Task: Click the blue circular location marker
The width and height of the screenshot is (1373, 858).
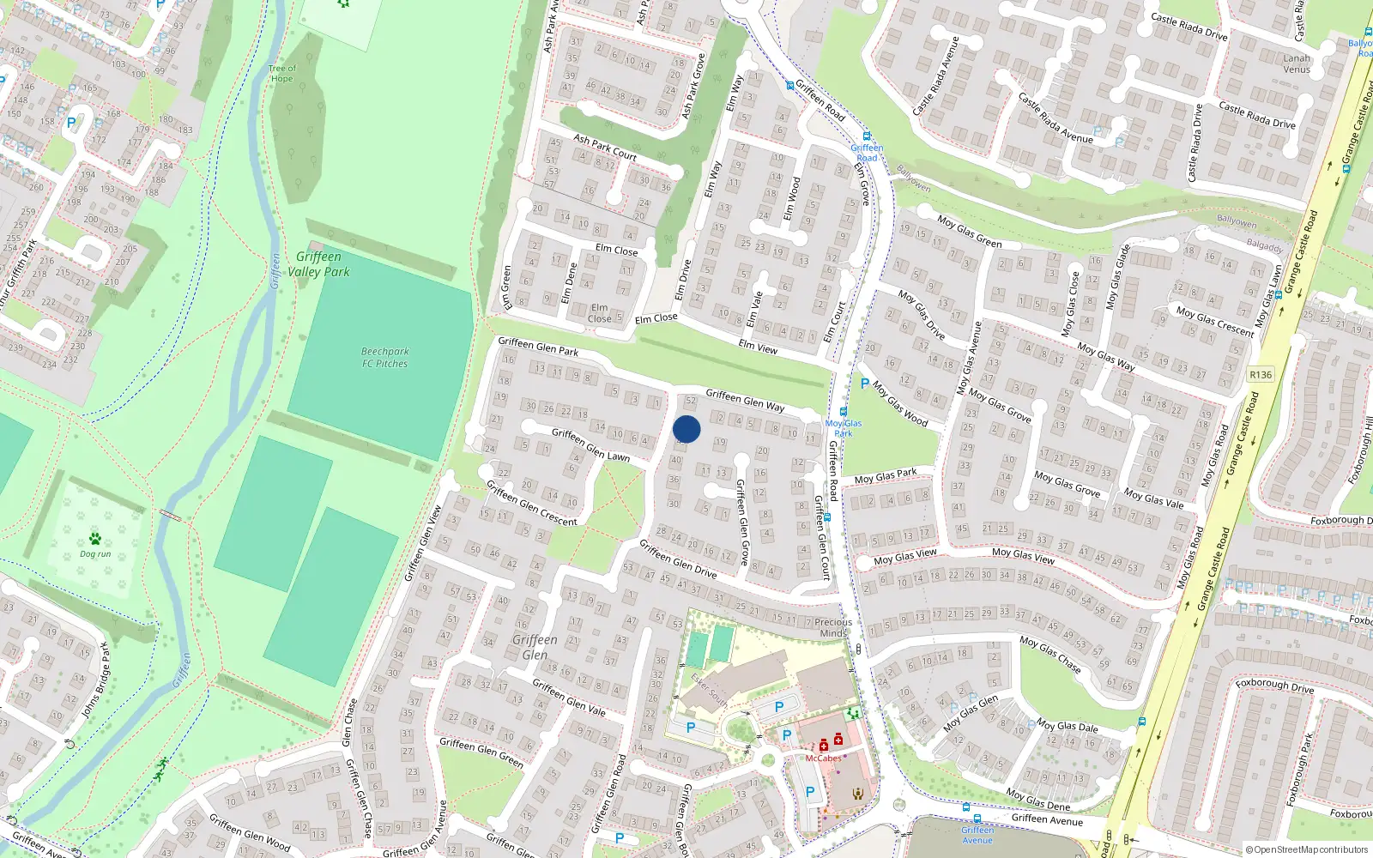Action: [x=686, y=429]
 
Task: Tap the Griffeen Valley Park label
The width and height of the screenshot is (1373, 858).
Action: [x=318, y=264]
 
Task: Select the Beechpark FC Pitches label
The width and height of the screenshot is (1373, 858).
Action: [x=384, y=358]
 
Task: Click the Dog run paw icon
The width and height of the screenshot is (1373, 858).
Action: [x=95, y=539]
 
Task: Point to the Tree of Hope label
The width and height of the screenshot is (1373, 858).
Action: [x=281, y=74]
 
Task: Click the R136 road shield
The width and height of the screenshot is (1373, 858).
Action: [x=1261, y=375]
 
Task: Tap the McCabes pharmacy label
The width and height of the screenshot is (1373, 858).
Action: [x=823, y=758]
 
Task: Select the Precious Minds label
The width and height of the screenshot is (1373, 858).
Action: [x=833, y=627]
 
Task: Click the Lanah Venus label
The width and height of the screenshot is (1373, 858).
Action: [x=1297, y=64]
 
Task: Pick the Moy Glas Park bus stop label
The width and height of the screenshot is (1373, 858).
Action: [x=844, y=428]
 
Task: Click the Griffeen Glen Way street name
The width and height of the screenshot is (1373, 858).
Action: [x=745, y=400]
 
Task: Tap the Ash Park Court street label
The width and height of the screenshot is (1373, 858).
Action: [x=605, y=148]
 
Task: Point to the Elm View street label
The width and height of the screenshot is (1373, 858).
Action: [x=758, y=347]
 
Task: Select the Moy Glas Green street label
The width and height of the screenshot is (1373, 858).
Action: [x=969, y=232]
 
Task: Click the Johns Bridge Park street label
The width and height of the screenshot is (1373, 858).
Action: [x=95, y=681]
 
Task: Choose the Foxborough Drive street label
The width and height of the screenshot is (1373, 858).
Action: [x=1274, y=686]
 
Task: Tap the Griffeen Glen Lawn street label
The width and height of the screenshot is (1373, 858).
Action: [x=590, y=444]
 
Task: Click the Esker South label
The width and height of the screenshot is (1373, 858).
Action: [x=710, y=691]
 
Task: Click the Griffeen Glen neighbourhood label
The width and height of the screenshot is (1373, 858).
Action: [x=535, y=647]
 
